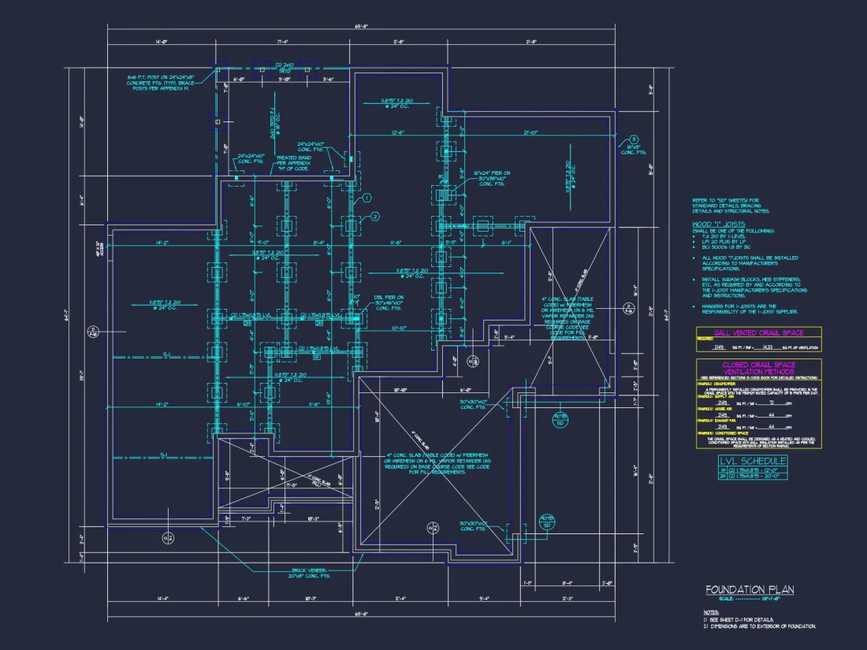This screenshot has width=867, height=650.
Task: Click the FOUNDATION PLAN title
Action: coord(749,589)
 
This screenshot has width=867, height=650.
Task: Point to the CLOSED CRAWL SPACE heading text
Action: coord(758,365)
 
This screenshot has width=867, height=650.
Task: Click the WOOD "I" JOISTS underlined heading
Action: coord(719,225)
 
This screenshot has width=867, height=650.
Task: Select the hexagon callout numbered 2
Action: coord(375,216)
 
